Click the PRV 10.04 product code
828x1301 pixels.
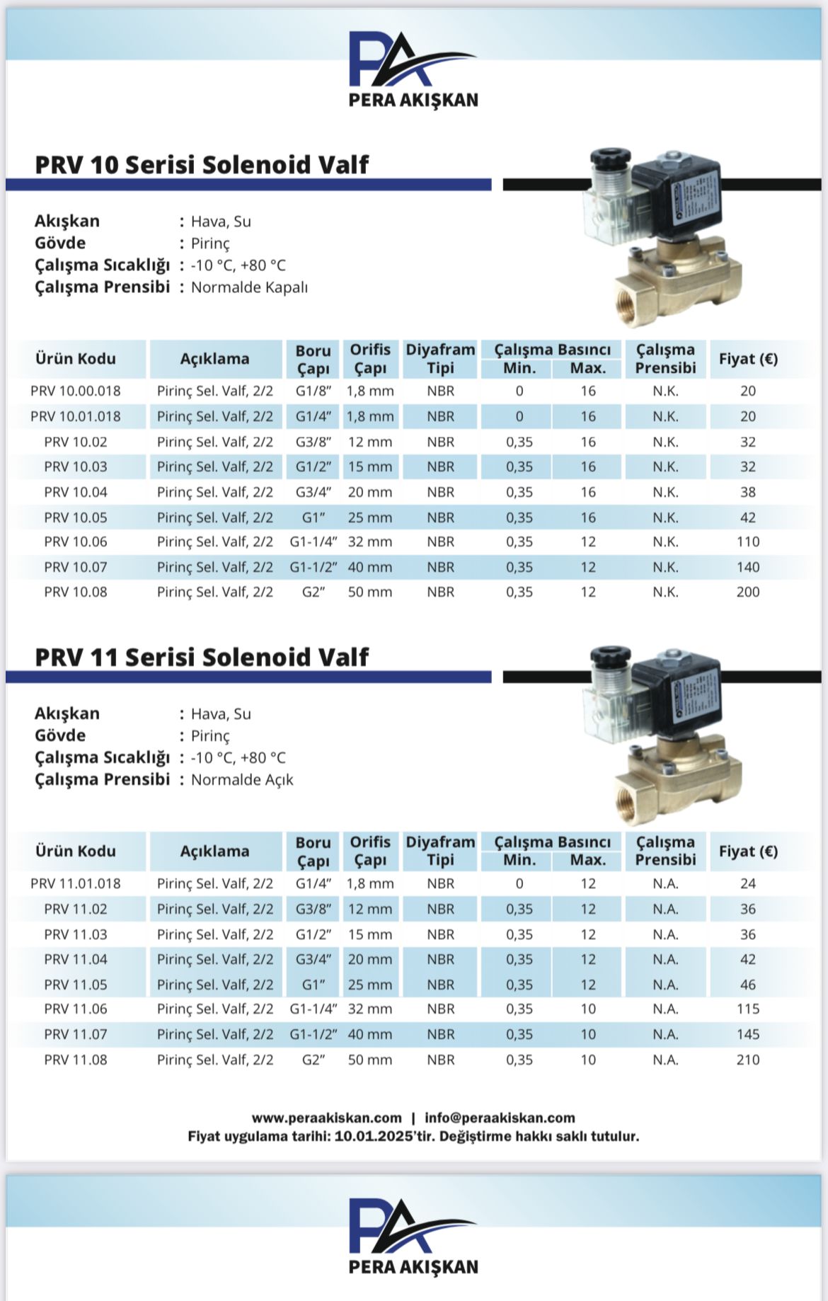[76, 492]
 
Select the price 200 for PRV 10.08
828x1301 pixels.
[748, 592]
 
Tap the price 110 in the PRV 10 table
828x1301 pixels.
[748, 541]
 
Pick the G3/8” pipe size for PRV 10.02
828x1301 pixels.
[313, 442]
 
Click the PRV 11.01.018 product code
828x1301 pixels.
[76, 883]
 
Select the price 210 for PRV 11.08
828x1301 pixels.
[748, 1060]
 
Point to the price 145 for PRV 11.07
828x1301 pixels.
[748, 1034]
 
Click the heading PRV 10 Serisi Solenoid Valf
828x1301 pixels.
[202, 164]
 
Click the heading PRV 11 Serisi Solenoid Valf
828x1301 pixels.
[202, 657]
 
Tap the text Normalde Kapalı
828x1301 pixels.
[249, 287]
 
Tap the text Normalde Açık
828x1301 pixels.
[242, 780]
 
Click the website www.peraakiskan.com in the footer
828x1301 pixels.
[326, 1118]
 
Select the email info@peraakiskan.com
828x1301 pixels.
[500, 1118]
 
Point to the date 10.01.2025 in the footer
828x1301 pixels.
[373, 1136]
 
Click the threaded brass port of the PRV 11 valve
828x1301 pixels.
[631, 794]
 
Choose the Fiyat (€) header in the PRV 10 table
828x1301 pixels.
[748, 359]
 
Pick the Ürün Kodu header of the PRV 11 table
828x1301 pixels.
[76, 851]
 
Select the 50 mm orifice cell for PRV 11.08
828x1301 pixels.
[369, 1060]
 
